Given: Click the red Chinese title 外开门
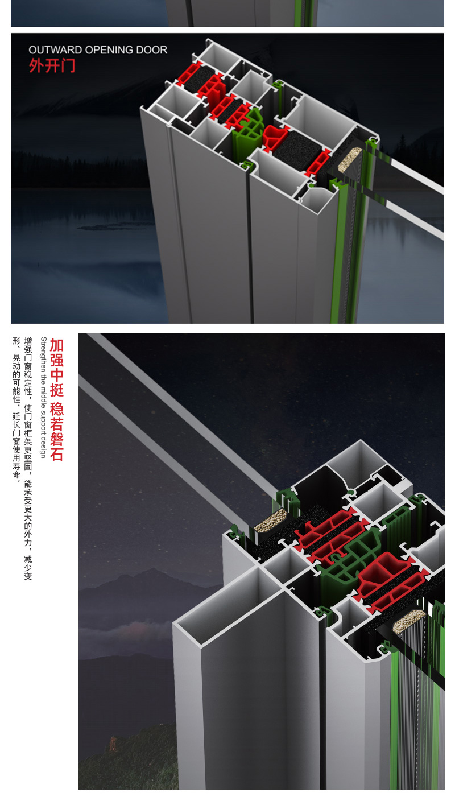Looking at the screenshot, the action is coord(52,66).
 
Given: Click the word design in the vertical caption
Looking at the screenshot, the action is coord(43,448).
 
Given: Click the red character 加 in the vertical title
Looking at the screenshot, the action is coord(57,345).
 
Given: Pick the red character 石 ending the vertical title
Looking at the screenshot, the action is coord(57,454).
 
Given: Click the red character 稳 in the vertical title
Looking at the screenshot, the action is coord(57,408).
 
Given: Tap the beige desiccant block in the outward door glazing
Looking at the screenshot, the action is coord(350,159).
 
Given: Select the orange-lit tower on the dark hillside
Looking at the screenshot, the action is coord(113,744).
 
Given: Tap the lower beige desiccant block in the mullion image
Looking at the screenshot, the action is coord(409,621).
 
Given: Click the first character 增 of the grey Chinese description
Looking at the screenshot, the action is coord(28,341).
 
